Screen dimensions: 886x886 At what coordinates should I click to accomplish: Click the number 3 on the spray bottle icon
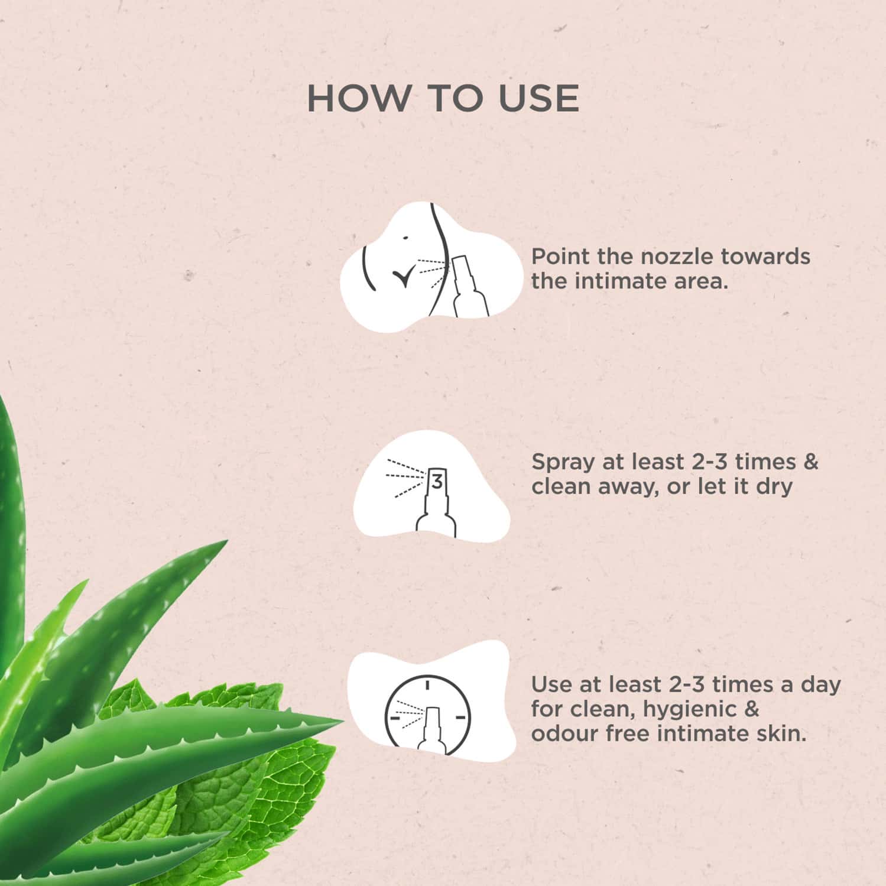coord(437,482)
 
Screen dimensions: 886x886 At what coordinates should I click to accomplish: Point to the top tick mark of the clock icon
coord(426,685)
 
